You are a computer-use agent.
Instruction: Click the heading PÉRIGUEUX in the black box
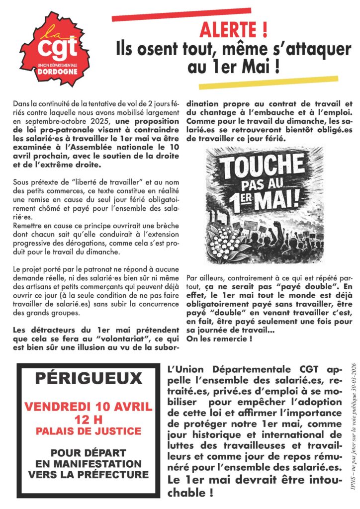click(x=89, y=379)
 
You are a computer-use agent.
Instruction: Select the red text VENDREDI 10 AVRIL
click(x=89, y=407)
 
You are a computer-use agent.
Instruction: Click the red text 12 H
click(x=89, y=421)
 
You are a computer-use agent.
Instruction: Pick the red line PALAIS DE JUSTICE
click(x=89, y=432)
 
